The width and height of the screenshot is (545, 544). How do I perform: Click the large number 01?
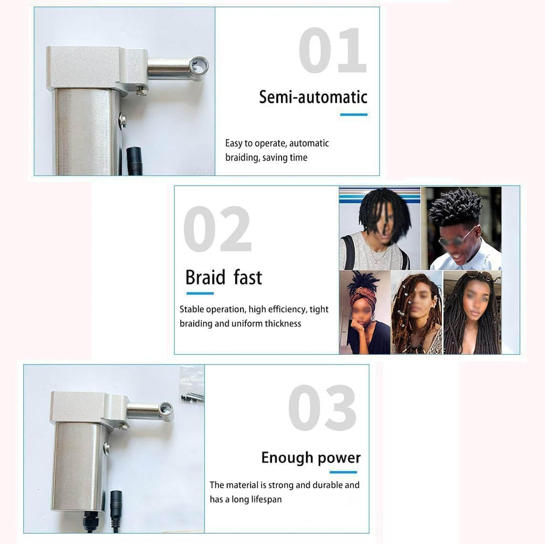[332, 52]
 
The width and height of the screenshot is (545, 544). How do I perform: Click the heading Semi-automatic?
[313, 97]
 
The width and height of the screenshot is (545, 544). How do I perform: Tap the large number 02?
[217, 230]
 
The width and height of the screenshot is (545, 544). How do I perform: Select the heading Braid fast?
[224, 278]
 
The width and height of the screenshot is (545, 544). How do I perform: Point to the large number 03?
[323, 408]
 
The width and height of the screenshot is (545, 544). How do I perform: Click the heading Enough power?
[311, 458]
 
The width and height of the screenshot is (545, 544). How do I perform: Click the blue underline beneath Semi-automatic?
[353, 114]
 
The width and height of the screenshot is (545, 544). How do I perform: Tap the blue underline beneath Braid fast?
[200, 293]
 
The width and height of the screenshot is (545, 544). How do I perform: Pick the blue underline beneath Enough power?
[343, 472]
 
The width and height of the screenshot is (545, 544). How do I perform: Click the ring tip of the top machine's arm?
[200, 66]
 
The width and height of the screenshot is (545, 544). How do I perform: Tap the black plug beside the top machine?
[134, 161]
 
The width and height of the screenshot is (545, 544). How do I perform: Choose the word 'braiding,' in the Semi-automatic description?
[242, 157]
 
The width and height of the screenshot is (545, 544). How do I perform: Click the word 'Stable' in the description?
[192, 309]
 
